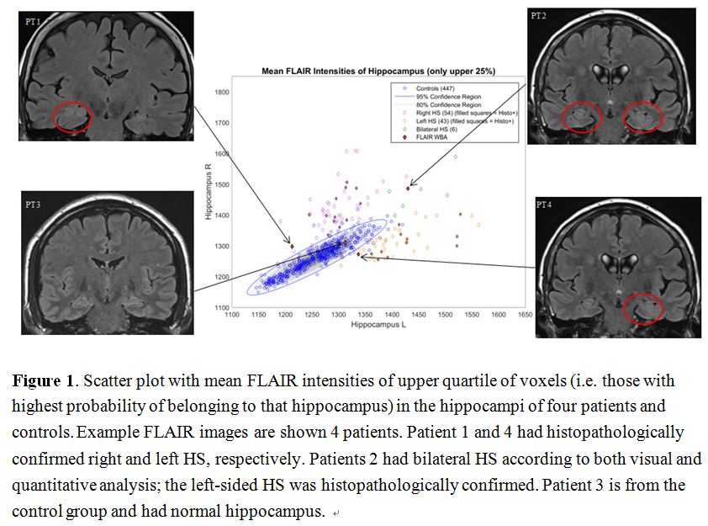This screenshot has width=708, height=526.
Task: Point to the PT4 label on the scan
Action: (547, 205)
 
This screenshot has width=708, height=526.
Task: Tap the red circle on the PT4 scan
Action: (642, 308)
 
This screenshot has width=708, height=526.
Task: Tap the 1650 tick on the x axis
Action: (524, 315)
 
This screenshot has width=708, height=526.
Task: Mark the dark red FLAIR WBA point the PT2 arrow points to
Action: (408, 188)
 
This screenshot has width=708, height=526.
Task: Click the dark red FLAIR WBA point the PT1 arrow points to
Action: (292, 246)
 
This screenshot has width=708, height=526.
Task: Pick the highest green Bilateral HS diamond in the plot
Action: (456, 157)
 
